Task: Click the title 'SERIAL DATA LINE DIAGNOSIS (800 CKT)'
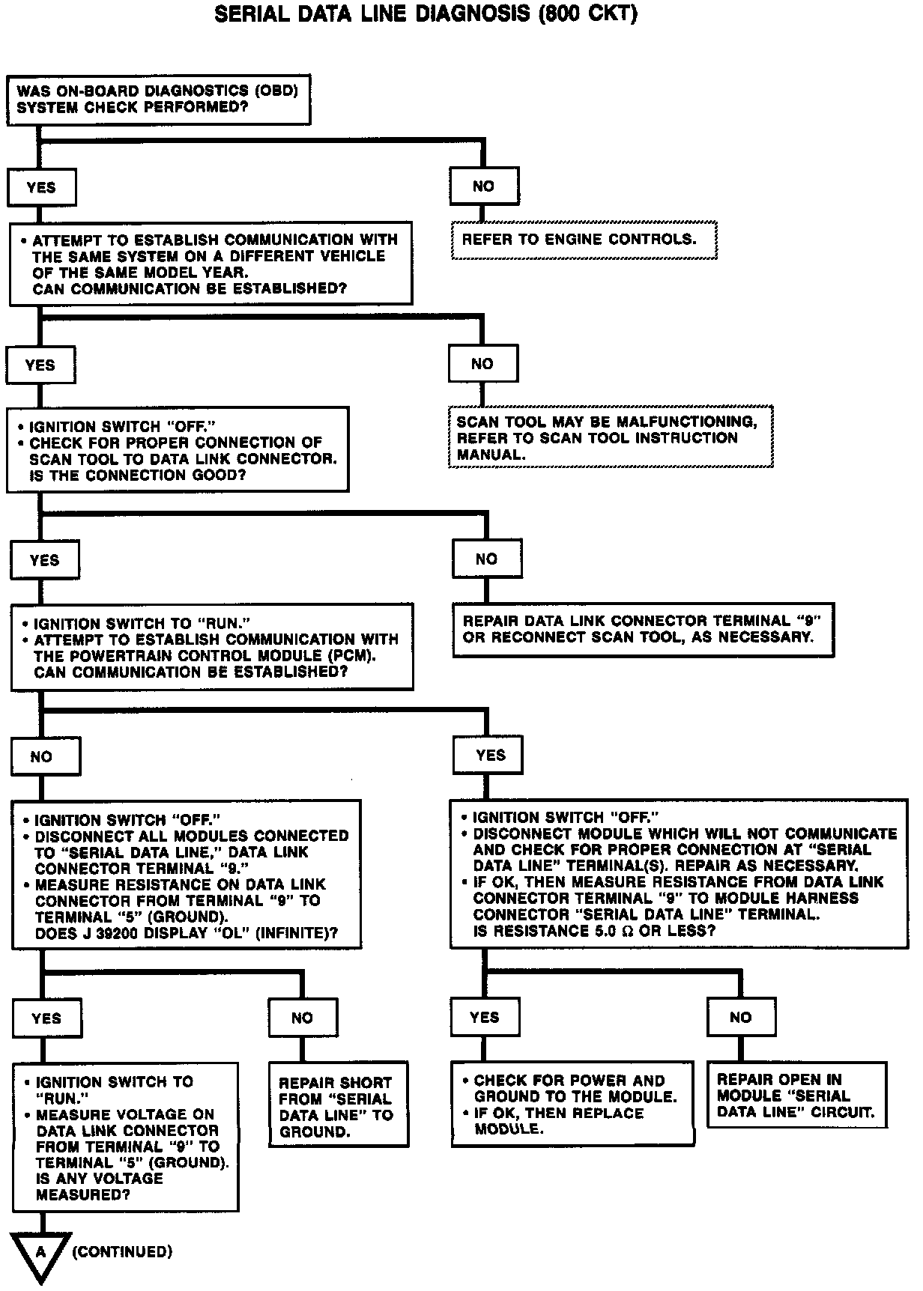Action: tap(426, 15)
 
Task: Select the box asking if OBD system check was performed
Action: tap(158, 100)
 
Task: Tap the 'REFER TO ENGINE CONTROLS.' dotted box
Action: tap(584, 240)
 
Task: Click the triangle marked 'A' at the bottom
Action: tap(41, 1254)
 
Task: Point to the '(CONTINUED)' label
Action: tap(122, 1251)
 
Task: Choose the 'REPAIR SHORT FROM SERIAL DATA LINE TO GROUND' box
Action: tap(339, 1104)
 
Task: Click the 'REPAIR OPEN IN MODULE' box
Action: tap(796, 1095)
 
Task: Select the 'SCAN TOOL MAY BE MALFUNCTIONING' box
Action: tap(610, 437)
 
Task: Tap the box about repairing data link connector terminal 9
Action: tap(642, 630)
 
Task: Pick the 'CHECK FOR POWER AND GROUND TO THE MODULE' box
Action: tap(572, 1103)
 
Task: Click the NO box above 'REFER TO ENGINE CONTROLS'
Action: tap(484, 186)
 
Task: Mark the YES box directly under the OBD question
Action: tap(41, 187)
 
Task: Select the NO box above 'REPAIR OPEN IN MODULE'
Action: tap(740, 1017)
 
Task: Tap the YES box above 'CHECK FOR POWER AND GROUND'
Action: tap(485, 1017)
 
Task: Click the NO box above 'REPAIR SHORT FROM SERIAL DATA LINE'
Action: tap(303, 1018)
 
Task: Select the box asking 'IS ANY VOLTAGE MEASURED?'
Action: tap(125, 1137)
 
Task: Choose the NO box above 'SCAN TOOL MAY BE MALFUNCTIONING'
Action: tap(482, 364)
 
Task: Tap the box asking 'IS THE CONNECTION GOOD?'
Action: tap(178, 449)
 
